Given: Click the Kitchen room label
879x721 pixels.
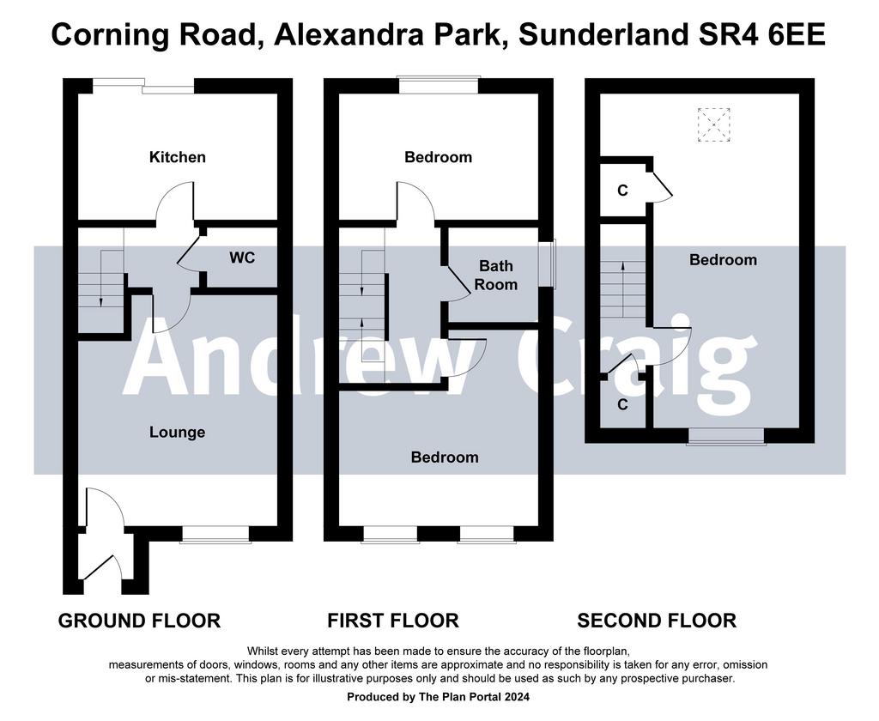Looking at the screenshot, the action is click(177, 157).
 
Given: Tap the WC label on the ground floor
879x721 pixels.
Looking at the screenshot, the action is click(242, 257).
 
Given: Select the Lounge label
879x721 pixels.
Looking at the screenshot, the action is click(177, 433).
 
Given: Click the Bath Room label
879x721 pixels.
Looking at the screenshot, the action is click(495, 275).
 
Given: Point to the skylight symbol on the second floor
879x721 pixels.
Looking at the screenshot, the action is click(713, 124).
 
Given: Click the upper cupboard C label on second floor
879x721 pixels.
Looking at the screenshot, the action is click(622, 191).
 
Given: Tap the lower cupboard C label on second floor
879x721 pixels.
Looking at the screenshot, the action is click(622, 404).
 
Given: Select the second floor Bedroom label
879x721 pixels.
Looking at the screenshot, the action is click(723, 260).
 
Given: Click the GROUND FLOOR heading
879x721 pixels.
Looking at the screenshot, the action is click(140, 621).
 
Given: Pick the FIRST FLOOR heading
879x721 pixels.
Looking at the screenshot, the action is click(393, 621).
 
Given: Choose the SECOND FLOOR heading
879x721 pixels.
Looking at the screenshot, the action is click(657, 621).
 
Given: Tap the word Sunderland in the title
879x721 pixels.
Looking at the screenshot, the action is click(603, 34).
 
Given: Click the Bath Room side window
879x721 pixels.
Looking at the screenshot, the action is click(547, 264).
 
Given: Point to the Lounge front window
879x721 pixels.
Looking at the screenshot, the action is click(215, 534).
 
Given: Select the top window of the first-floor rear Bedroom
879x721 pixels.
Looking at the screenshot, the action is click(439, 85).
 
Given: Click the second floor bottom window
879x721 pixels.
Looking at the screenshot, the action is click(726, 436).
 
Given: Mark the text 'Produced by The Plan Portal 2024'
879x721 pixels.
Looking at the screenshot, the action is click(439, 697).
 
